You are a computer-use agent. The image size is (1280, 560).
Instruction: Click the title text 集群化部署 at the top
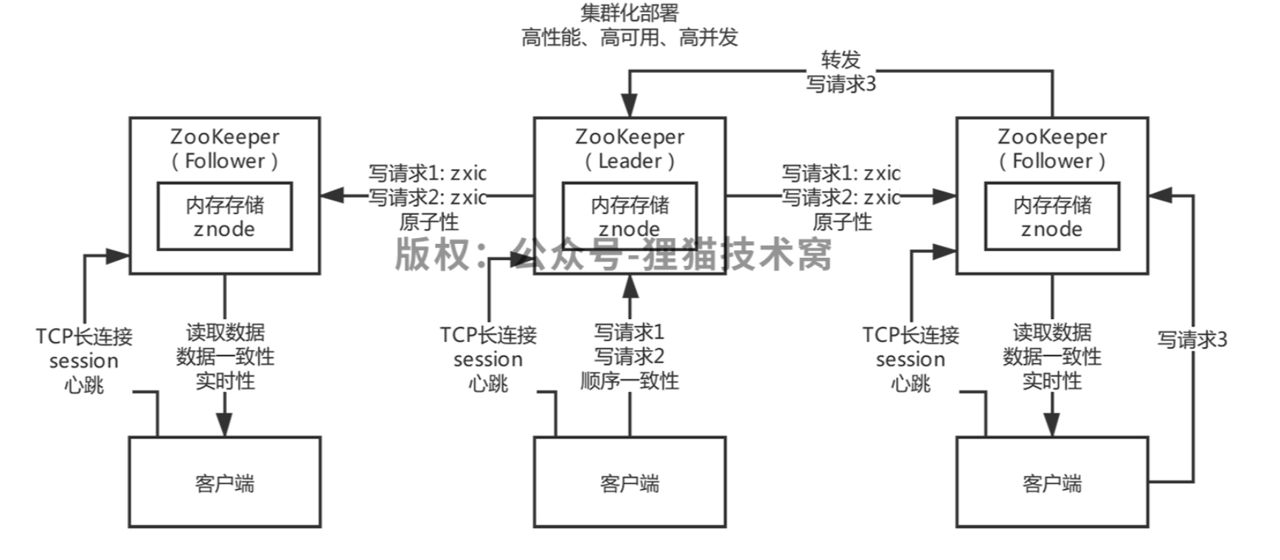coord(629,13)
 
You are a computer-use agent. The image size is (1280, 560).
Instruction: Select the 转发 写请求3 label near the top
coord(841,71)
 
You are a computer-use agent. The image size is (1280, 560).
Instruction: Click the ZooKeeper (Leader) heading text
coord(630,148)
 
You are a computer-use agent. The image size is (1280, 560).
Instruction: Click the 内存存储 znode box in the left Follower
coord(224,216)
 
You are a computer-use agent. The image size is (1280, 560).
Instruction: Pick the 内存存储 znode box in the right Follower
coord(1051,216)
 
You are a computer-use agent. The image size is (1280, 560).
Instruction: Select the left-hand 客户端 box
coord(224,482)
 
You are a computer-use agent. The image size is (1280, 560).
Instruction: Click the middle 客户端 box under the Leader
coord(629,482)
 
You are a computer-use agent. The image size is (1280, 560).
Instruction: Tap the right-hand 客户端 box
coord(1051,482)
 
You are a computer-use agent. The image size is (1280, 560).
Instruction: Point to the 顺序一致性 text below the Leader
coord(629,381)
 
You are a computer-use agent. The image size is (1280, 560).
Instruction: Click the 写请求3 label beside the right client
coord(1192,340)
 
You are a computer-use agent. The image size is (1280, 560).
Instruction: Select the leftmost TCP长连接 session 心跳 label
coord(84,360)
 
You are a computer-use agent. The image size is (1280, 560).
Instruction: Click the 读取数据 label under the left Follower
coord(225,332)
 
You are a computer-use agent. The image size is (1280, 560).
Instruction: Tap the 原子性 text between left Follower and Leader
coord(428,222)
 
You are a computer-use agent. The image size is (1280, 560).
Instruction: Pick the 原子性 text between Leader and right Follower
coord(841,222)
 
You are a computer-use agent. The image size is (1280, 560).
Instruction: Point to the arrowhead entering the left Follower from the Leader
coord(333,196)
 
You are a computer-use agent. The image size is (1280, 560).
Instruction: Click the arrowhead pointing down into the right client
coord(1051,425)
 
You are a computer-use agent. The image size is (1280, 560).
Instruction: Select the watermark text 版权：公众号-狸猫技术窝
coord(613,254)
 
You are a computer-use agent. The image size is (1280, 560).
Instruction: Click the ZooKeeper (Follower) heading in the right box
coord(1051,148)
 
